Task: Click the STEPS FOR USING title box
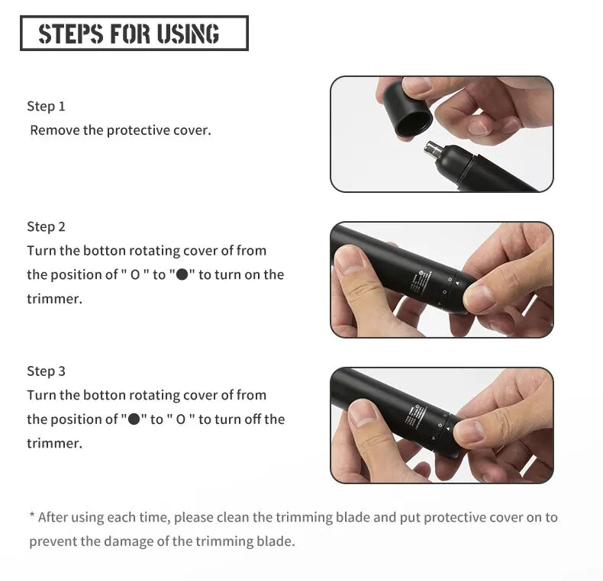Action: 134,34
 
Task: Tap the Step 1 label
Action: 46,106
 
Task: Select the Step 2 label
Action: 46,226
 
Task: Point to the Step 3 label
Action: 46,371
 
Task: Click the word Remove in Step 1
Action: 54,130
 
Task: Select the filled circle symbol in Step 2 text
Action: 182,275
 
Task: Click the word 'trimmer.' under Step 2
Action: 54,299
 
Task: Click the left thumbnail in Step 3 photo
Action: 362,412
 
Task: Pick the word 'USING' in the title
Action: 189,34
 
